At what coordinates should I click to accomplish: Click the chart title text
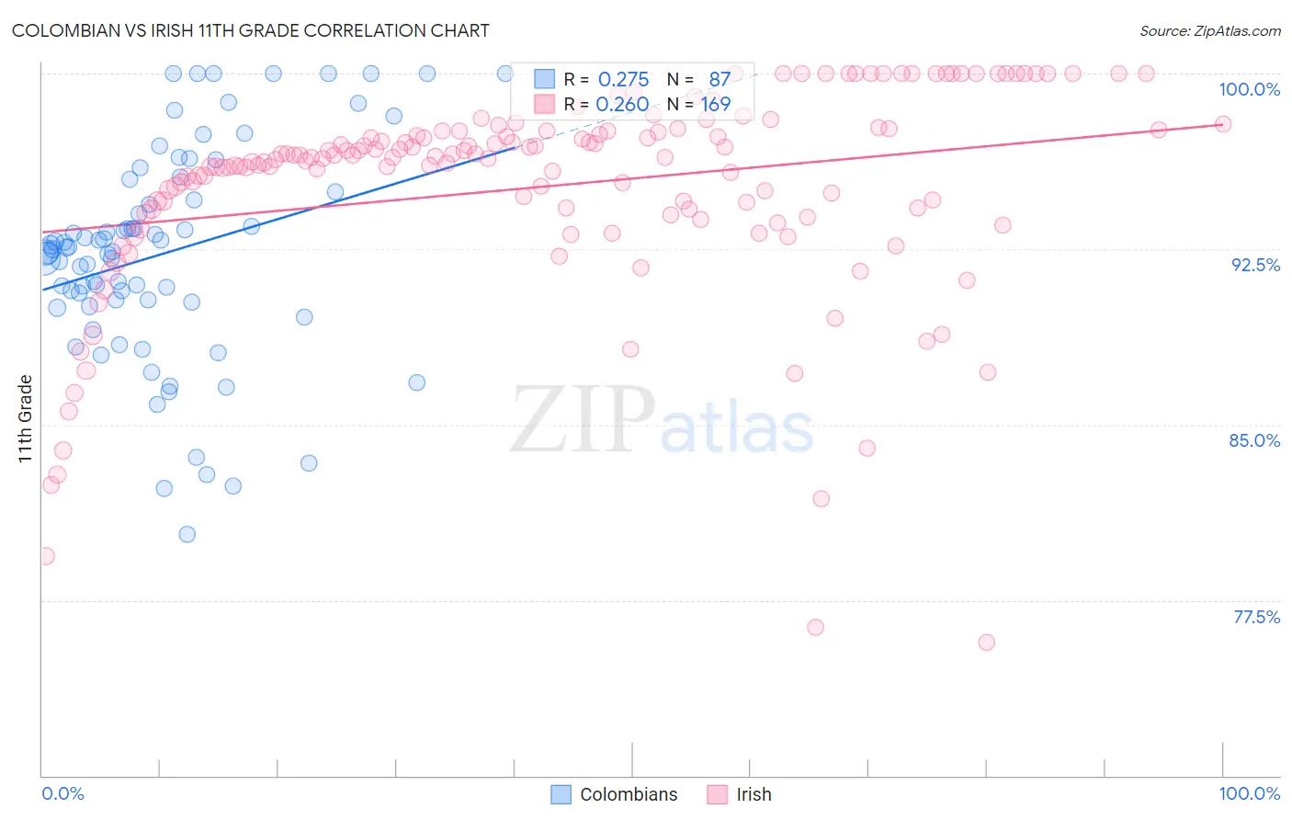250,30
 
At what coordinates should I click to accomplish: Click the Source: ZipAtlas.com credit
1209,30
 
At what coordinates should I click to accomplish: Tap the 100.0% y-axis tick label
1249,89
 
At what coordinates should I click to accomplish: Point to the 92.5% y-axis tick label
1255,265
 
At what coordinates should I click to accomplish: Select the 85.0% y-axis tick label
1254,440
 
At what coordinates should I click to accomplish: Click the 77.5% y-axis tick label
1256,617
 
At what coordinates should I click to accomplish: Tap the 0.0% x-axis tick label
62,793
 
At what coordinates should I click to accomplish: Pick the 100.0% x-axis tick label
1249,793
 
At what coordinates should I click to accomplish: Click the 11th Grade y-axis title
26,418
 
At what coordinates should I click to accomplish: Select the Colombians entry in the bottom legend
629,794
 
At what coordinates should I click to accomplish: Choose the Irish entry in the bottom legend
754,794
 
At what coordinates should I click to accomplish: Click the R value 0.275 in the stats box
623,79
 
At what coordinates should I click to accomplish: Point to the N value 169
716,104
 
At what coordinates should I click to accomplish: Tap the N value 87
720,79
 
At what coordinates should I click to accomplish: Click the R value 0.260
622,104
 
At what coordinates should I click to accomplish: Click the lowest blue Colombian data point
187,534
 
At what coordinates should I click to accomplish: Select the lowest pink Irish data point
987,643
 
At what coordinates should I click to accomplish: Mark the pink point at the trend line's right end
1223,124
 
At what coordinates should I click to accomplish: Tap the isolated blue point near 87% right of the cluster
417,382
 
